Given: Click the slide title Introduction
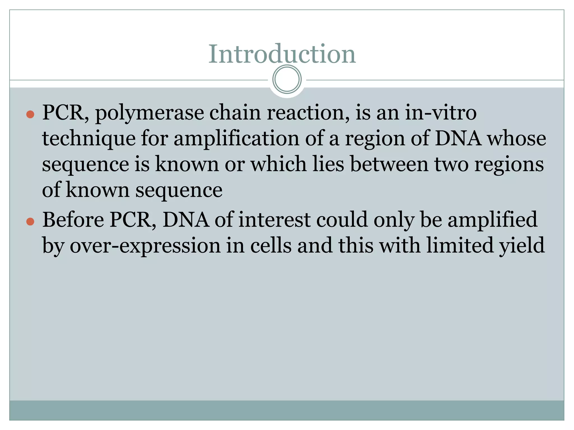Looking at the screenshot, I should pos(282,54).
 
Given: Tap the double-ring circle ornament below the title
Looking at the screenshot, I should pos(287,79).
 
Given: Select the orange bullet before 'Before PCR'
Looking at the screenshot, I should pos(30,221).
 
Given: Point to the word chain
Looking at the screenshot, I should pos(235,113).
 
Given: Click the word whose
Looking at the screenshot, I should pos(517,139).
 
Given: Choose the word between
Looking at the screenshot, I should pos(389,164).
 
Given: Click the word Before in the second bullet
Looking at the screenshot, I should pos(73,220).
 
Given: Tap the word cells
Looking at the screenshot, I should pos(271,246).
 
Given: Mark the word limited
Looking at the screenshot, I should pos(460,246).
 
